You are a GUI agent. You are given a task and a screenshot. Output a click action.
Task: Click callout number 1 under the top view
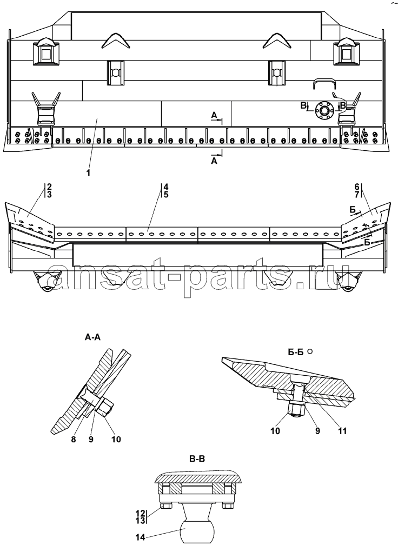pos(88,173)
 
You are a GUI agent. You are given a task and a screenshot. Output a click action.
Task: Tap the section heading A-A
pos(93,337)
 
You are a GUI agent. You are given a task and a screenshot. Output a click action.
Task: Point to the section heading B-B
pos(196,459)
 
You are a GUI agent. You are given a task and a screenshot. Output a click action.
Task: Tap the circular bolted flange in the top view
pos(324,110)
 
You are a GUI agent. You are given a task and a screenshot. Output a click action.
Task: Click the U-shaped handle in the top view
pos(324,83)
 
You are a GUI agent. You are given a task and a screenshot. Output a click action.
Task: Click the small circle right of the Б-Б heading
pos(310,351)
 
